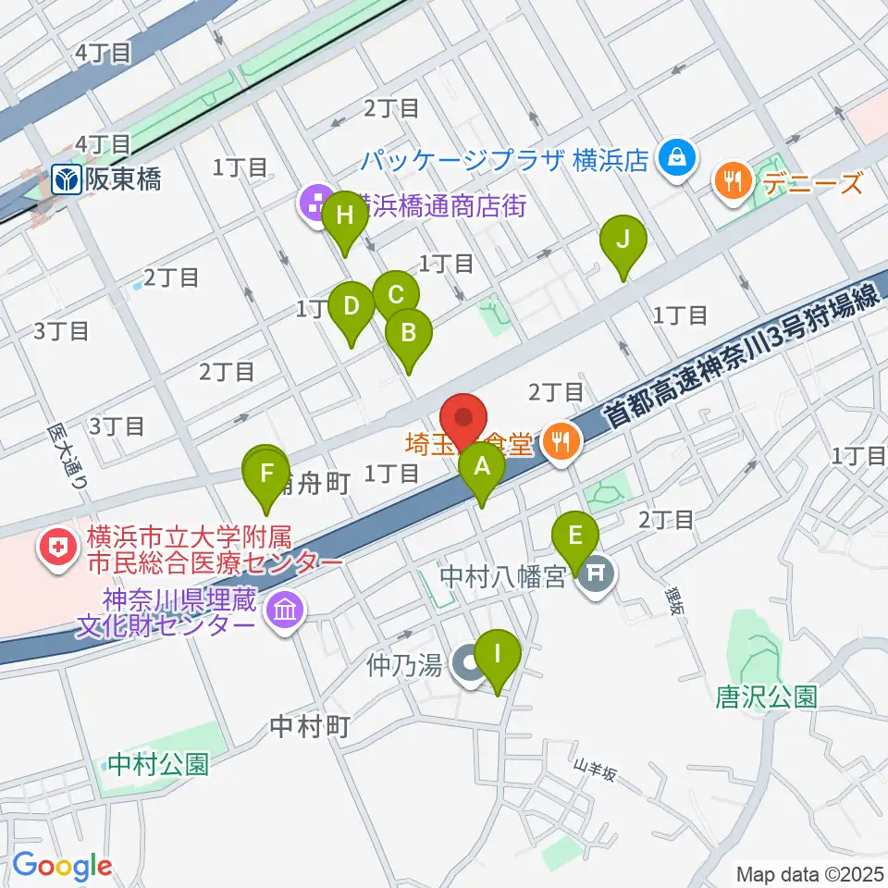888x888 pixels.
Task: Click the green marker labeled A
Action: [x=482, y=467]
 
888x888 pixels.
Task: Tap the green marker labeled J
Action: [x=623, y=241]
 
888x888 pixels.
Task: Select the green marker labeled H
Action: [x=345, y=217]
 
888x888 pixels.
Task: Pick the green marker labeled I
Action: [x=498, y=657]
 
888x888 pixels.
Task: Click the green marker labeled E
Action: [x=575, y=537]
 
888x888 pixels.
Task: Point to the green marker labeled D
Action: [x=351, y=307]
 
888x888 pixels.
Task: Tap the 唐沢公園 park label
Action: [x=766, y=696]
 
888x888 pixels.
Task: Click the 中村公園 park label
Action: [x=157, y=764]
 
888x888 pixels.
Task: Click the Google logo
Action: [x=62, y=867]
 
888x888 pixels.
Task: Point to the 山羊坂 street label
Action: [x=594, y=770]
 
